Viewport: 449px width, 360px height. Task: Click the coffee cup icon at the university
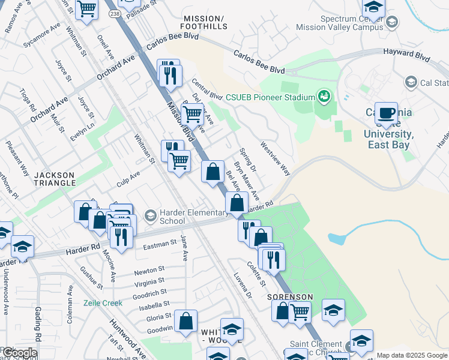pos(387,115)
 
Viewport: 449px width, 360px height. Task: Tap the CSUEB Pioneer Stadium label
pos(270,98)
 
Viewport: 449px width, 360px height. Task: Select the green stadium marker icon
pos(324,96)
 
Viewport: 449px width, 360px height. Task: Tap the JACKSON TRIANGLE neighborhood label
pos(54,180)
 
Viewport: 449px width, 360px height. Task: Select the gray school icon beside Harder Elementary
pos(150,215)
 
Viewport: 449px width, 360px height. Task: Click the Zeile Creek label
pos(103,303)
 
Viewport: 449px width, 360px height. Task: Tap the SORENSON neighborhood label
pos(291,297)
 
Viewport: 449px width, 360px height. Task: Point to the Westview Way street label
pos(276,158)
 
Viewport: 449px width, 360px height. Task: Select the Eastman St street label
pos(159,244)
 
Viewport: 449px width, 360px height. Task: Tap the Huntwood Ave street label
pos(127,339)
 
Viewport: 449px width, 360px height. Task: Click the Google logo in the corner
pos(19,353)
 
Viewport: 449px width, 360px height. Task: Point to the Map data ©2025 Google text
pos(411,355)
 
